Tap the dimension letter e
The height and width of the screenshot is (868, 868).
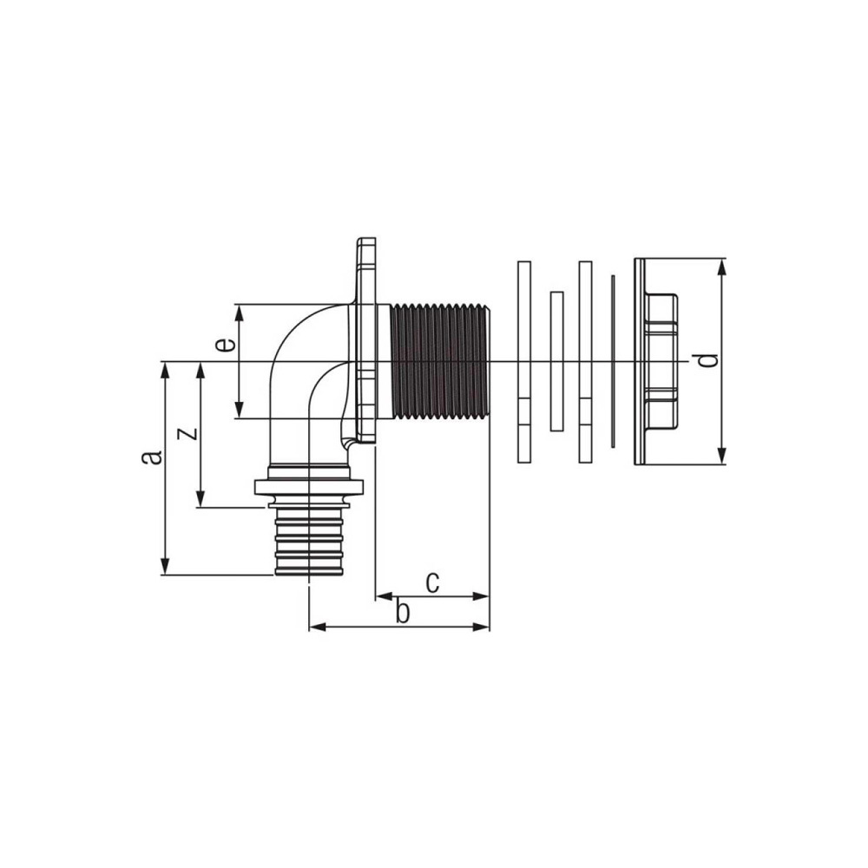point(226,345)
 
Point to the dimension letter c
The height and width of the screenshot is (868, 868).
point(432,582)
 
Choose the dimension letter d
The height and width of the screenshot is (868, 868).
point(707,360)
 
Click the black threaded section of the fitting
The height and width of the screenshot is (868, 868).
point(439,361)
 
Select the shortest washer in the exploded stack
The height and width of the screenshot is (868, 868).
point(557,361)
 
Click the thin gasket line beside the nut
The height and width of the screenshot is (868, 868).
point(612,361)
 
